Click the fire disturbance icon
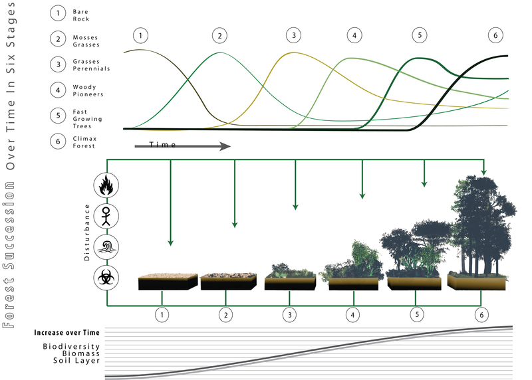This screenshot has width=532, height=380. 106,185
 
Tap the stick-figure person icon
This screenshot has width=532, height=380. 106,215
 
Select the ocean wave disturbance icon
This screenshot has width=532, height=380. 106,245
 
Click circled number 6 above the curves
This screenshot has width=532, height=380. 493,35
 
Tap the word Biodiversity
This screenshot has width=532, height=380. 72,347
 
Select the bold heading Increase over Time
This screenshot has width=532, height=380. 67,332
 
